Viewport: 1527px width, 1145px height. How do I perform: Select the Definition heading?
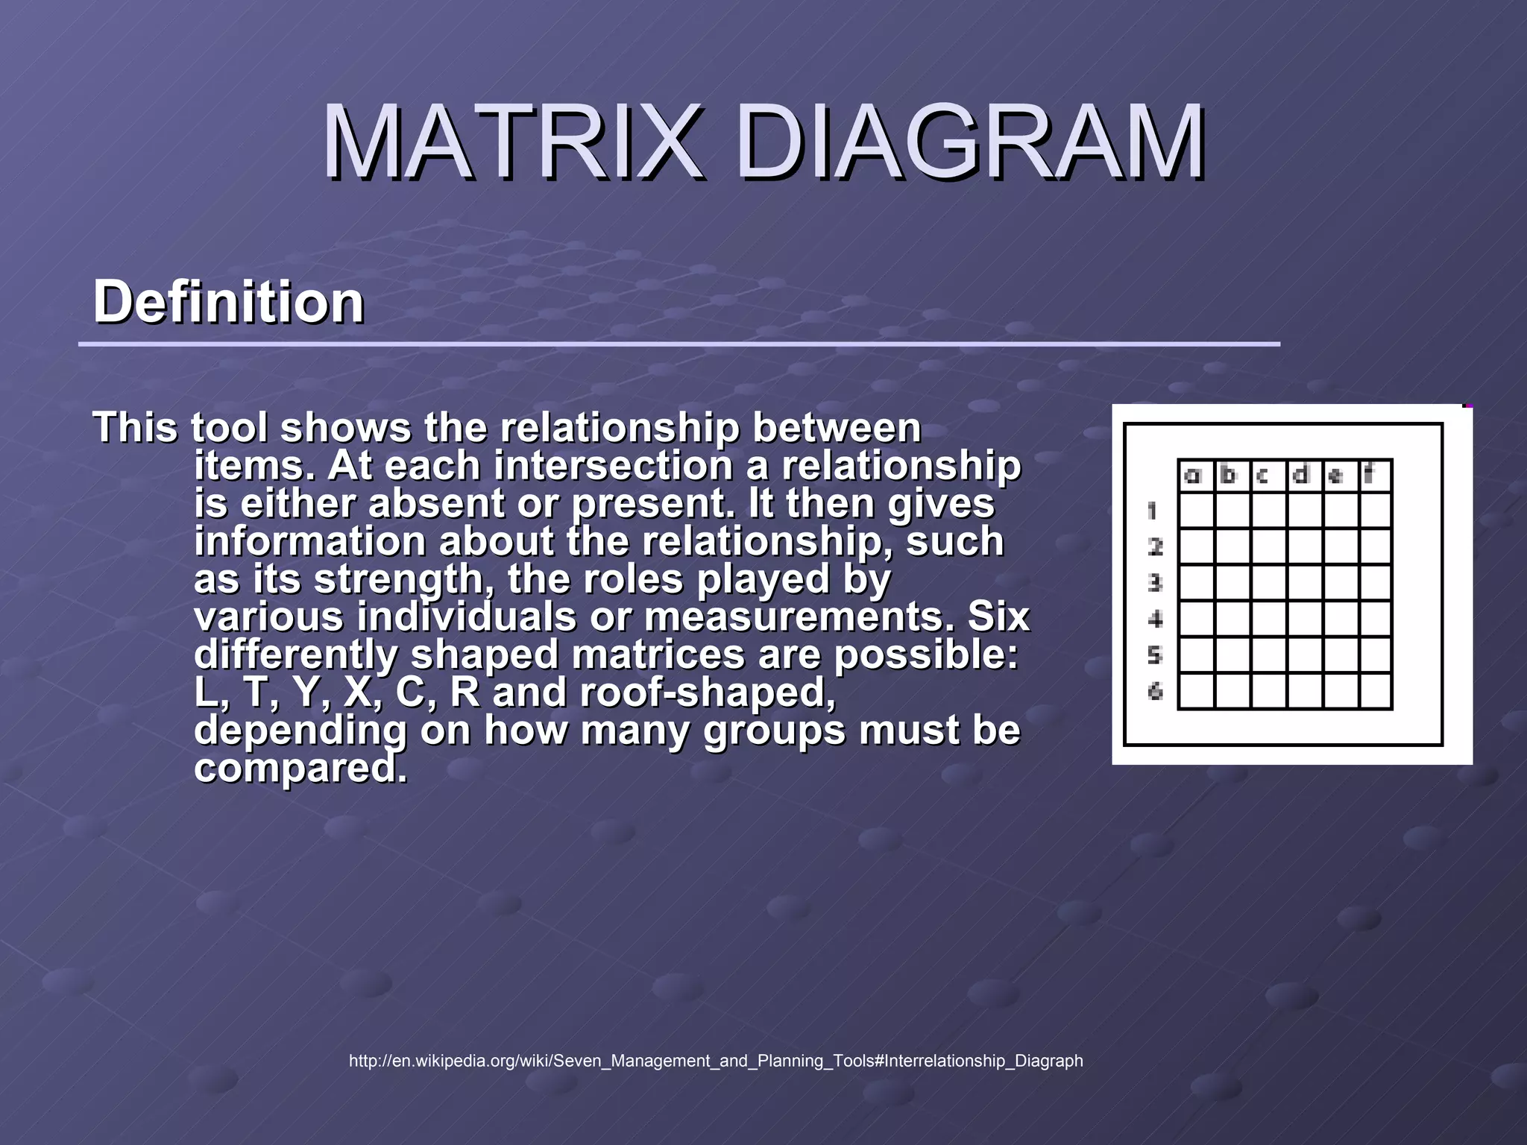[x=228, y=302]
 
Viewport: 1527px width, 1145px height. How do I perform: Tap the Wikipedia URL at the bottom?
[x=716, y=1061]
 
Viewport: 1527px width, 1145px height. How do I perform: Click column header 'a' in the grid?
[x=1194, y=475]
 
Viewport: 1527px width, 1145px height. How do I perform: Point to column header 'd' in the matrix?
[x=1301, y=475]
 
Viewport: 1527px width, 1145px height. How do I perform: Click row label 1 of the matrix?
[x=1153, y=511]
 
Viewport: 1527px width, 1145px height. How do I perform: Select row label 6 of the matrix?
[x=1155, y=692]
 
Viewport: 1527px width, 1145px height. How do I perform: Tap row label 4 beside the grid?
[x=1155, y=619]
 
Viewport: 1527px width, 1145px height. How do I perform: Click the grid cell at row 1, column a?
[x=1197, y=511]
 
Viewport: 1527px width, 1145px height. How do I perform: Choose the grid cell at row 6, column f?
[x=1376, y=691]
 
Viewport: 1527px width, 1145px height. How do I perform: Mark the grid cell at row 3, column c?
[x=1269, y=583]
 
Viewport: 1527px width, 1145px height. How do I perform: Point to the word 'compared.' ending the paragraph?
[x=300, y=768]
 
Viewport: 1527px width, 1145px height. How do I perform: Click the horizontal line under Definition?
[x=679, y=344]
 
